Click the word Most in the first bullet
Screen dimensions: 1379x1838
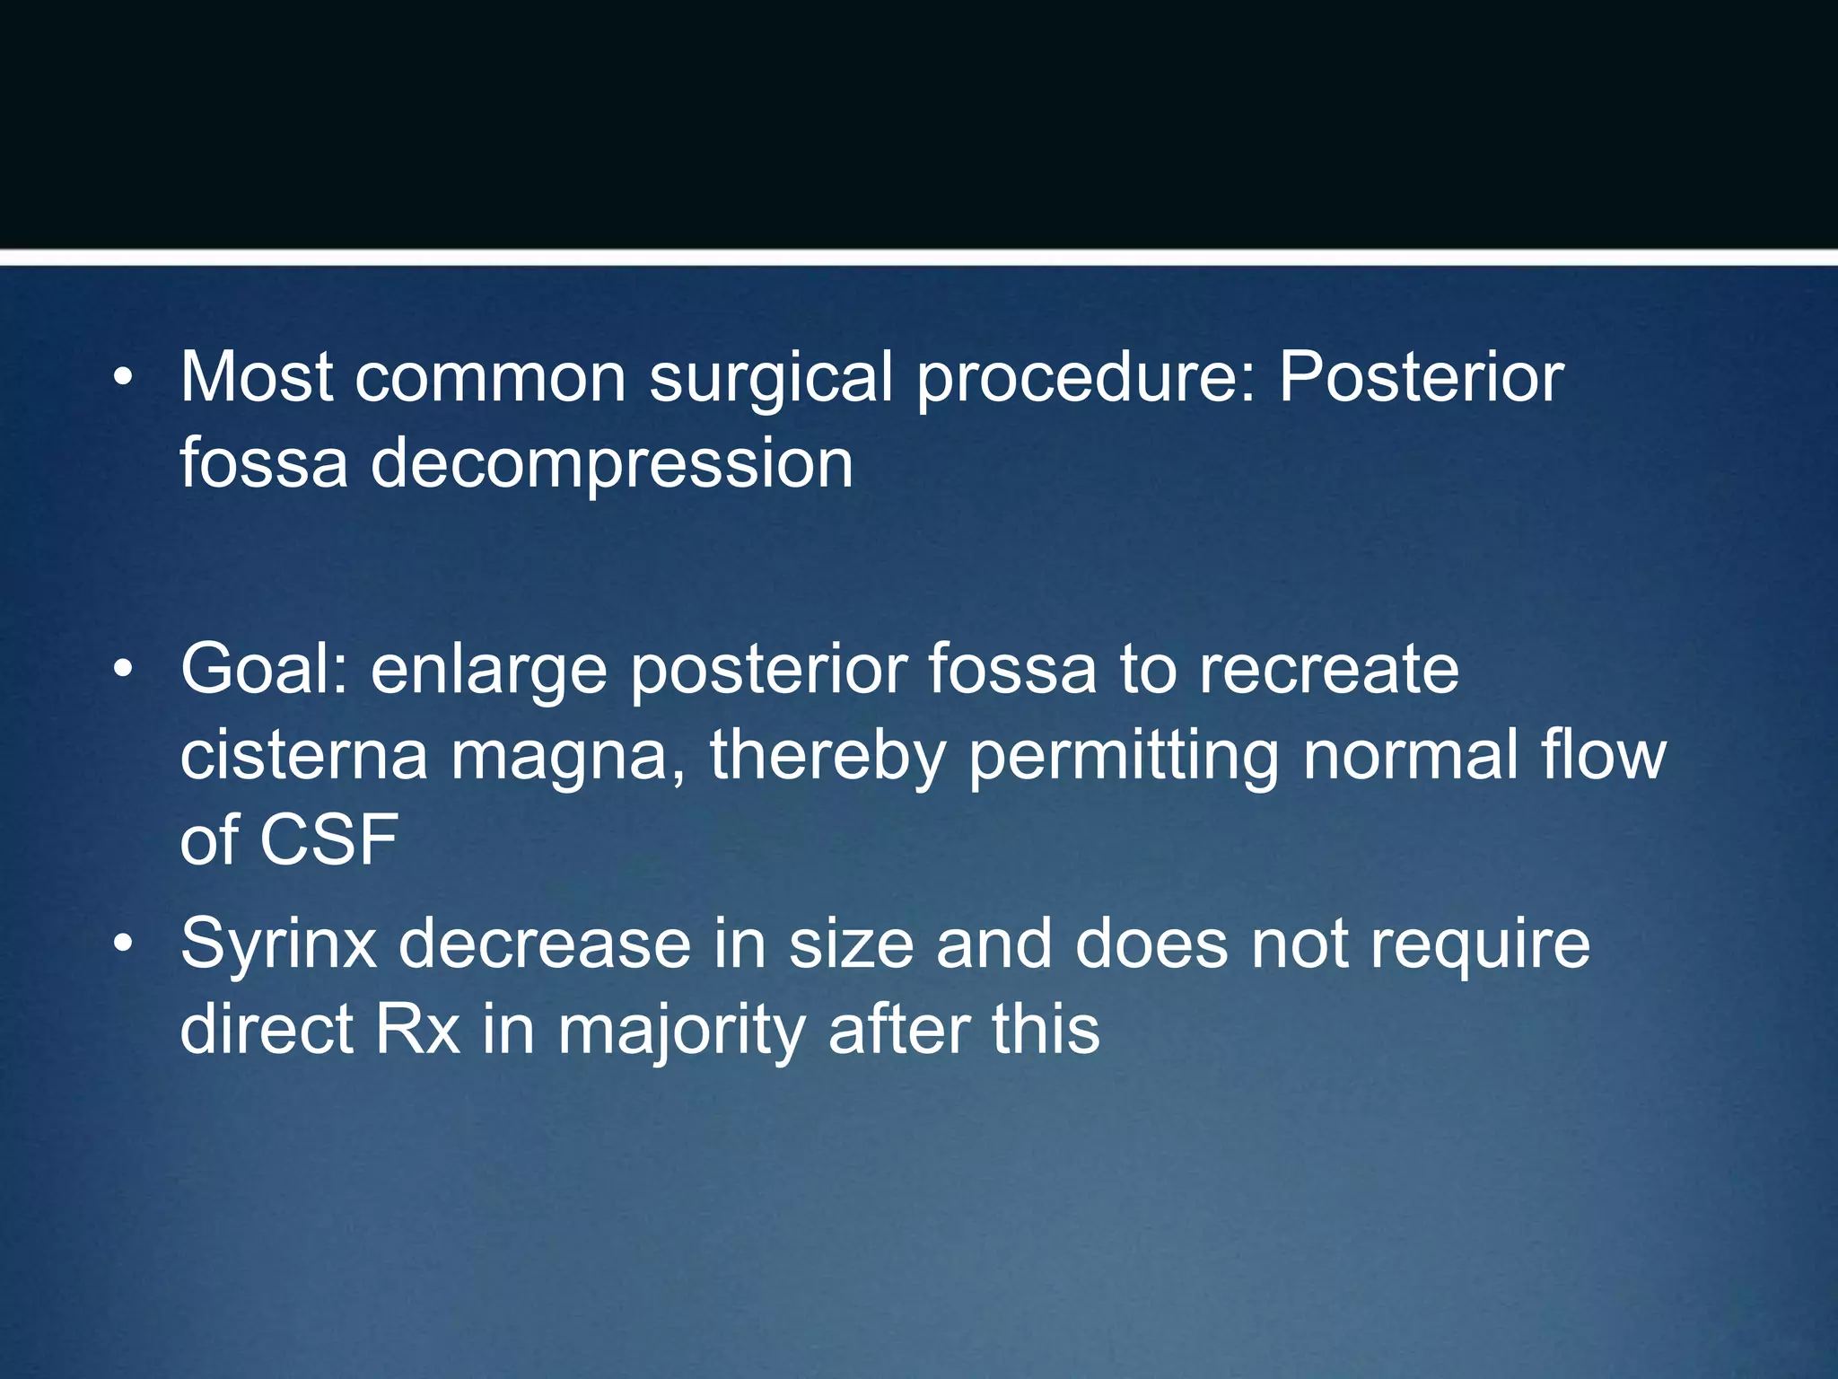pyautogui.click(x=257, y=377)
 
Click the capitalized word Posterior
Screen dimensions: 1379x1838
pyautogui.click(x=1421, y=377)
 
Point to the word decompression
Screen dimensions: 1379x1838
pyautogui.click(x=611, y=465)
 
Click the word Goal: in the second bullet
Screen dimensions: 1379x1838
pyautogui.click(x=265, y=669)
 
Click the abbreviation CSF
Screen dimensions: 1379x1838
pyautogui.click(x=328, y=839)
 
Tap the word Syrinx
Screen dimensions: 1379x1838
pyautogui.click(x=278, y=944)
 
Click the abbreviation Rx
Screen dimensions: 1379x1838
pyautogui.click(x=417, y=1030)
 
